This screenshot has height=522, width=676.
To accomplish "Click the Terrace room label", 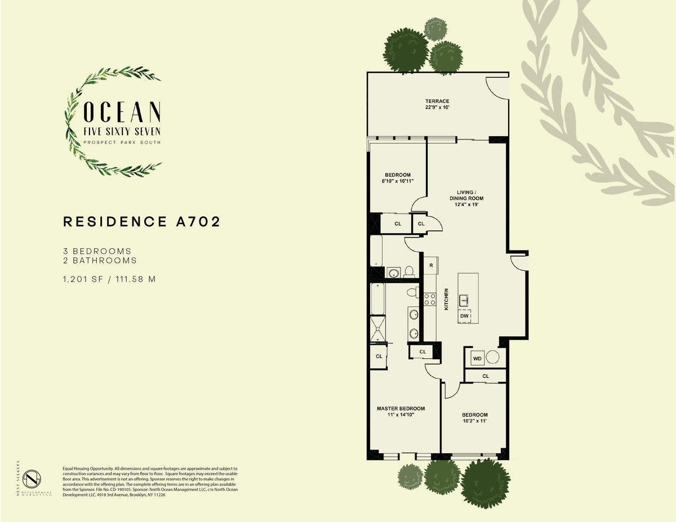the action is pyautogui.click(x=437, y=101).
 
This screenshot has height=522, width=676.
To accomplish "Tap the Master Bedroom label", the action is pyautogui.click(x=401, y=408).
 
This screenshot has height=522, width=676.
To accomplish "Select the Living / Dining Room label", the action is pyautogui.click(x=466, y=195).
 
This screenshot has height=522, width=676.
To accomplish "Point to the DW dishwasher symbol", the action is pyautogui.click(x=464, y=316).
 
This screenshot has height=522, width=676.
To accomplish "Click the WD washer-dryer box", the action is pyautogui.click(x=478, y=359).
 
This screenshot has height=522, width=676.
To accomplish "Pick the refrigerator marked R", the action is pyautogui.click(x=431, y=266).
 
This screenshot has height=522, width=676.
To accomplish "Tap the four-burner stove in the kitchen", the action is pyautogui.click(x=430, y=299).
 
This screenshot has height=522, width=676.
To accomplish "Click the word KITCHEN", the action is pyautogui.click(x=446, y=299).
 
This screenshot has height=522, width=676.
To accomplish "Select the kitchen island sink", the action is pyautogui.click(x=464, y=301).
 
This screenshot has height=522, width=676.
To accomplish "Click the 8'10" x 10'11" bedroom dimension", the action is pyautogui.click(x=398, y=181).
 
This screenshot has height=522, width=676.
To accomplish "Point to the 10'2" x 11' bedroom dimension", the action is pyautogui.click(x=474, y=421).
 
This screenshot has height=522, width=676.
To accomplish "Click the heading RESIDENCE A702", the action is pyautogui.click(x=142, y=222).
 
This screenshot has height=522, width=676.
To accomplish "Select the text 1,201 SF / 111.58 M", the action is pyautogui.click(x=109, y=279).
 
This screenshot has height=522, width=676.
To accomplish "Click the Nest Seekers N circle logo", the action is pyautogui.click(x=34, y=479).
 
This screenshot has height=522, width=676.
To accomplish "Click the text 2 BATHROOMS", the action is pyautogui.click(x=100, y=261).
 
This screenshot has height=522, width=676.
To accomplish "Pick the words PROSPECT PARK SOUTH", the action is pyautogui.click(x=122, y=142).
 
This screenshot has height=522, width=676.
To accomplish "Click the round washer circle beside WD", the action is pyautogui.click(x=493, y=357).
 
